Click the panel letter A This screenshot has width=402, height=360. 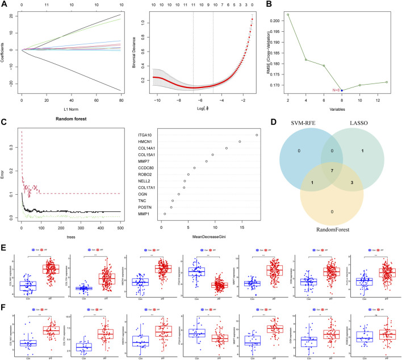(x=5, y=4)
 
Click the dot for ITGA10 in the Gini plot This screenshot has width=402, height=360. (x=257, y=135)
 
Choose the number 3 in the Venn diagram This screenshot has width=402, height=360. (x=353, y=183)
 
